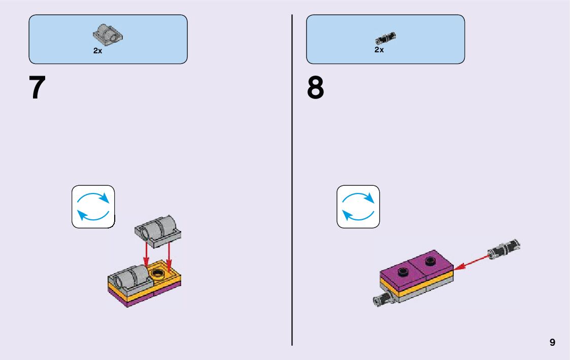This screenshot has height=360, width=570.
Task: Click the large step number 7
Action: tap(38, 87)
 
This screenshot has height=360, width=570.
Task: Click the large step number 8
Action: tap(315, 87)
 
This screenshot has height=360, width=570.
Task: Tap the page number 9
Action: tap(552, 342)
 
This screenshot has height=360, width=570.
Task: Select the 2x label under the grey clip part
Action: tap(97, 51)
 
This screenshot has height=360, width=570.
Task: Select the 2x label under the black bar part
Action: tap(379, 50)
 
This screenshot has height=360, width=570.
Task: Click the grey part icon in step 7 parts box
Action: tap(109, 35)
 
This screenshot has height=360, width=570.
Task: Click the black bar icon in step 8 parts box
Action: tap(386, 38)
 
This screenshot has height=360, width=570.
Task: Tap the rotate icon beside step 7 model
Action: tap(93, 207)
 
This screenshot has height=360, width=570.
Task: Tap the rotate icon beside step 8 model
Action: tap(358, 207)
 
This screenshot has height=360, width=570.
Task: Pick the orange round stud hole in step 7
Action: tap(158, 275)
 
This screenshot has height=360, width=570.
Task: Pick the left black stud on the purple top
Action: tap(404, 271)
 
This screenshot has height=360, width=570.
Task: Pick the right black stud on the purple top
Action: tap(431, 261)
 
